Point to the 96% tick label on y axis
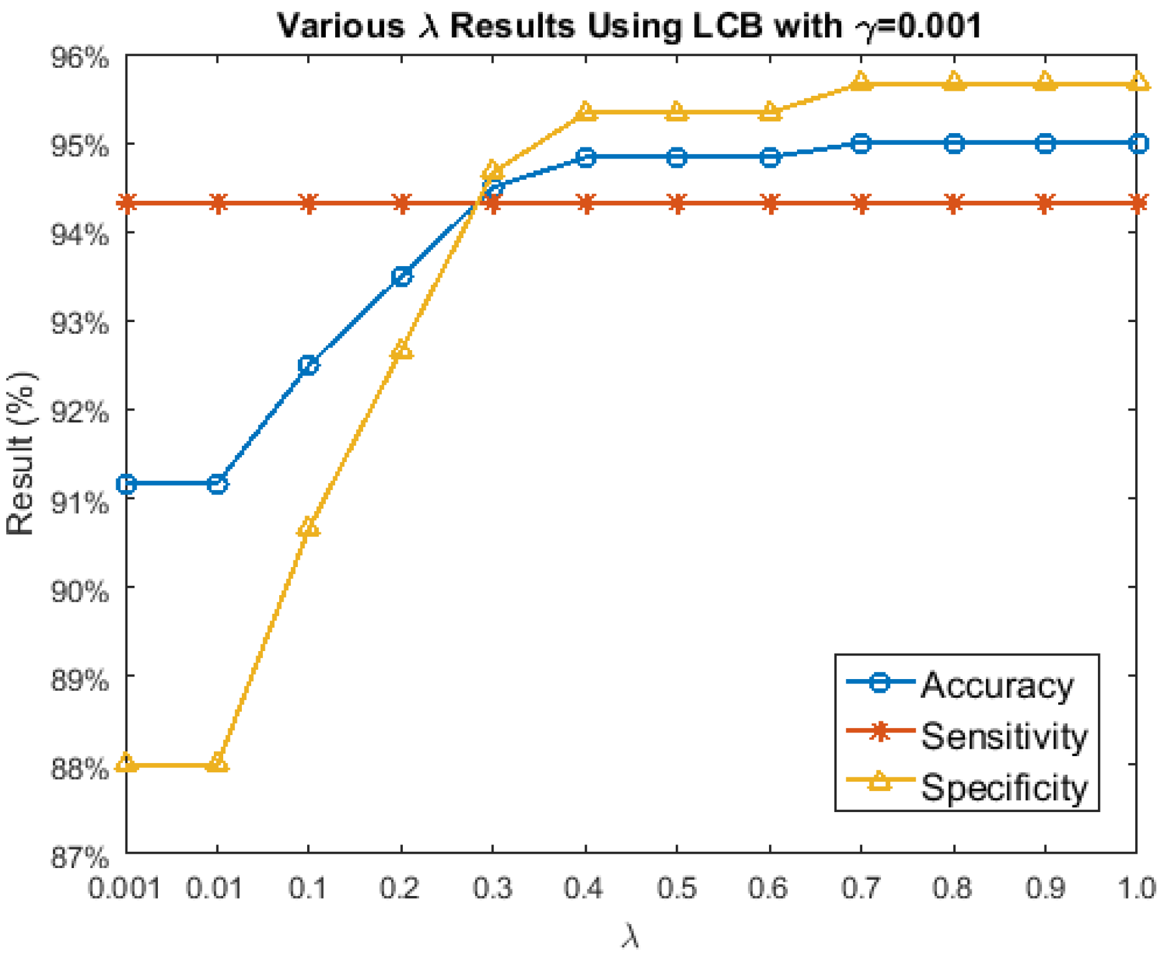click(x=80, y=58)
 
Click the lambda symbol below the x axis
click(x=630, y=936)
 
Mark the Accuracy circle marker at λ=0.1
click(x=308, y=365)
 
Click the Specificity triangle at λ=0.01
click(x=217, y=762)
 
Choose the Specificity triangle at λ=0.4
click(x=586, y=112)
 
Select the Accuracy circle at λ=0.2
click(x=402, y=276)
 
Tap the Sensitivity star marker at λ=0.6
click(x=770, y=203)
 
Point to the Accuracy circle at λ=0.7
click(x=861, y=144)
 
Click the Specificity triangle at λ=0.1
click(x=308, y=529)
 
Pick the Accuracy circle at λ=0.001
click(x=127, y=484)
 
